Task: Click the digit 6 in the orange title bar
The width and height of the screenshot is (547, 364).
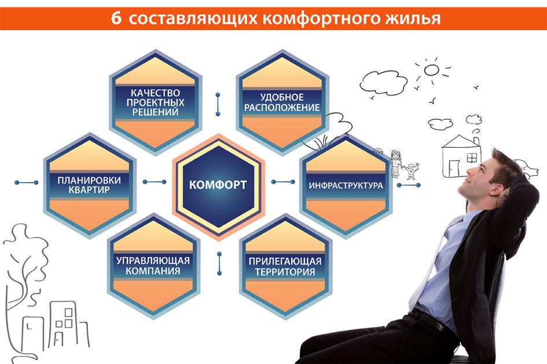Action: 116,18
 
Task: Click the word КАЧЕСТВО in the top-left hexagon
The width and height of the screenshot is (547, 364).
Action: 155,93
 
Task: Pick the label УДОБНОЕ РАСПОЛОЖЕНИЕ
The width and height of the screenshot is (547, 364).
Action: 282,102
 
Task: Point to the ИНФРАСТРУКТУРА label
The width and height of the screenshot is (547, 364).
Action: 346,185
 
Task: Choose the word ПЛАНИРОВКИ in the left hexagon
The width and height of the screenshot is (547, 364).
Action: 89,180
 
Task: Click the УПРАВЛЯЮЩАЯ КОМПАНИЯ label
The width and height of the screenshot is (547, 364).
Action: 153,265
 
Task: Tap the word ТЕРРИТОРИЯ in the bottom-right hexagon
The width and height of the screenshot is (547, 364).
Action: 285,272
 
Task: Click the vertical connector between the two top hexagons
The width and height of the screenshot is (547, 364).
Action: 218,104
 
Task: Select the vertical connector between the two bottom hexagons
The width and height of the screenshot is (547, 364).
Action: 219,263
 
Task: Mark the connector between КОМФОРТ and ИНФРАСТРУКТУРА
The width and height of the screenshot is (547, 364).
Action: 283,181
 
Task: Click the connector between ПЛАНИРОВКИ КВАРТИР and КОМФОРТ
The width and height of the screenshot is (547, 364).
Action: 155,181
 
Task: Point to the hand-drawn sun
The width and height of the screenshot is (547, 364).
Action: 432,70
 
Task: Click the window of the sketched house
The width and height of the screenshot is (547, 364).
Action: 472,158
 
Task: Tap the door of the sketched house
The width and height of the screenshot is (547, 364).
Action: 454,168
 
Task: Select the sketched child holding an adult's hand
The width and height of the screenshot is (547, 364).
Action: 412,171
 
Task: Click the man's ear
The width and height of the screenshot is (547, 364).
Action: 495,190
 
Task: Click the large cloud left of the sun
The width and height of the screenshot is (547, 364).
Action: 383,82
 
